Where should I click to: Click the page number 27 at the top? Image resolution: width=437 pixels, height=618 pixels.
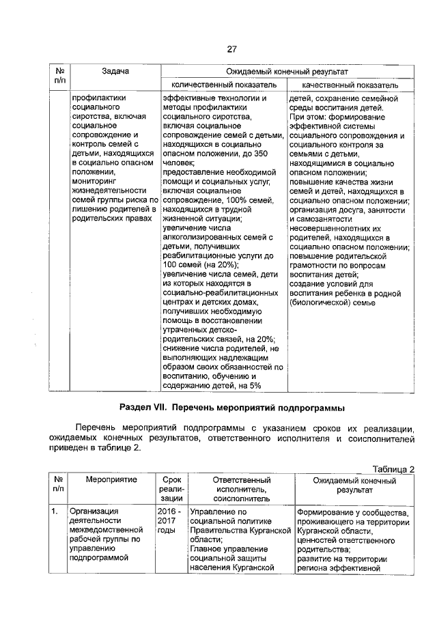point(231,49)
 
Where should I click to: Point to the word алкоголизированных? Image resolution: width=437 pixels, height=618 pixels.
point(203,236)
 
